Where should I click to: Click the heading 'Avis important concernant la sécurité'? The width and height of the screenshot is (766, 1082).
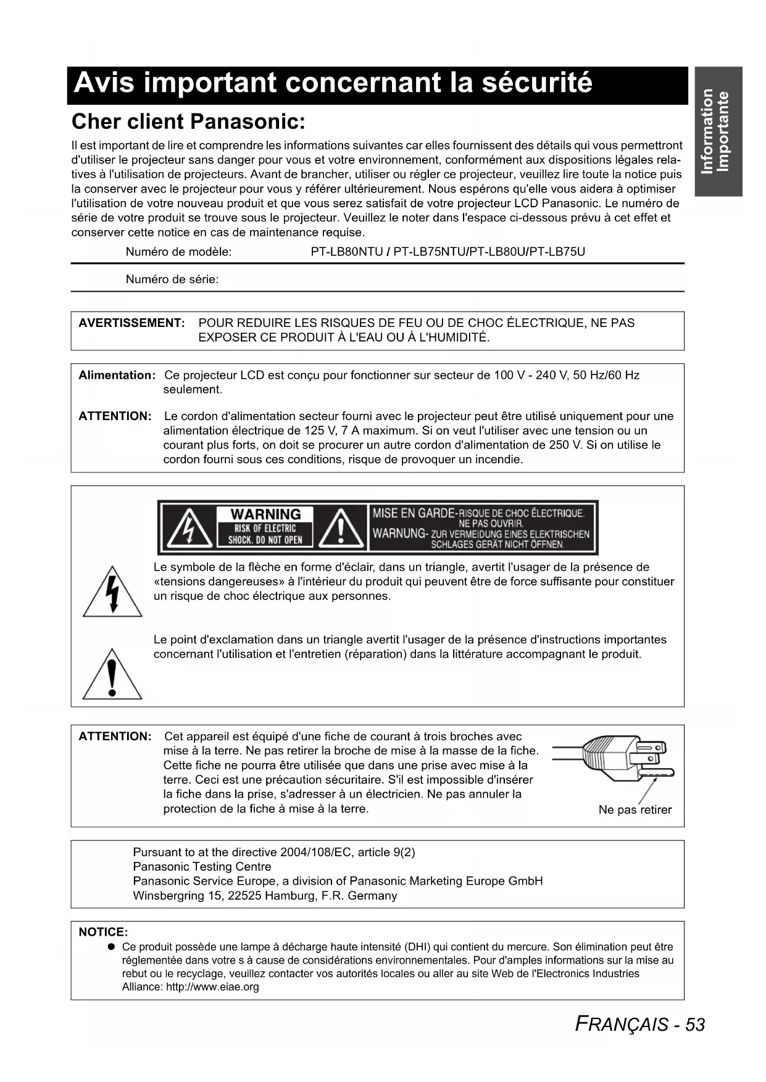tap(333, 83)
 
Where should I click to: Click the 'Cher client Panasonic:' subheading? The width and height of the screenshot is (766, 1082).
tap(188, 122)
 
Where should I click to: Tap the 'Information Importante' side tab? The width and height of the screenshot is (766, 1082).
tap(717, 131)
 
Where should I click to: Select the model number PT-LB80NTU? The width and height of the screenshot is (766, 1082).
tap(347, 252)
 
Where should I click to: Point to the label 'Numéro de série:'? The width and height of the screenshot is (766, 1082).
tap(172, 279)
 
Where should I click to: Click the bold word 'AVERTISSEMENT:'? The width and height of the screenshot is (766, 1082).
tap(131, 323)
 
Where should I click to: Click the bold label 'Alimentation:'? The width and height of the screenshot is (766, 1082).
tap(117, 375)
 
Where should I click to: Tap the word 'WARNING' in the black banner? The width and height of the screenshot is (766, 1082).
tap(265, 514)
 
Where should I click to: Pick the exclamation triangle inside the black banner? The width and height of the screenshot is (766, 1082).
tap(341, 529)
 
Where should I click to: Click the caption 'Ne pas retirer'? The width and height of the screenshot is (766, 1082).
tap(635, 810)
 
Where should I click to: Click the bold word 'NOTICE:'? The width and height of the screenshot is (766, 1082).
tap(103, 932)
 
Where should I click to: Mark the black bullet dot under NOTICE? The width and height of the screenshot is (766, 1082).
tap(111, 947)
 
